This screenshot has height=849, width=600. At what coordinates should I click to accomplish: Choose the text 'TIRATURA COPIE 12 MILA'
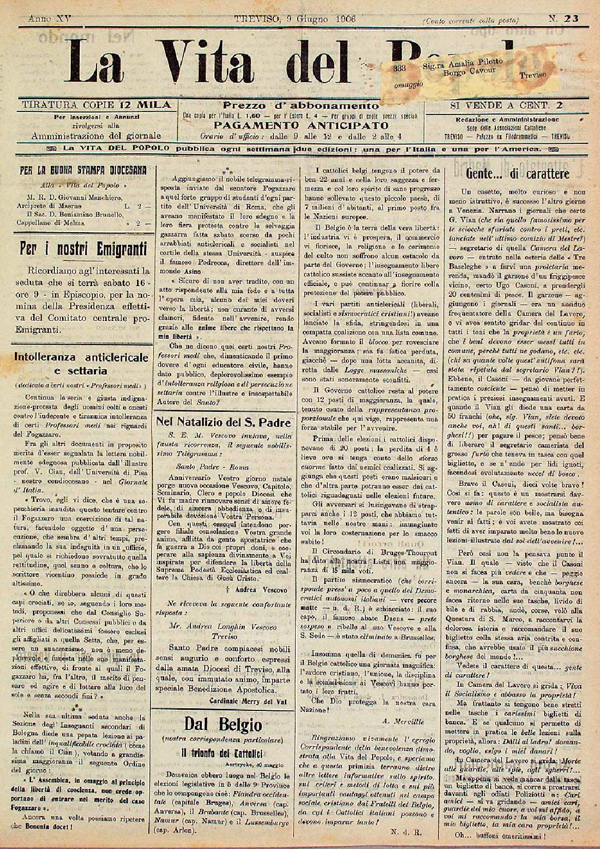pyautogui.click(x=96, y=105)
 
